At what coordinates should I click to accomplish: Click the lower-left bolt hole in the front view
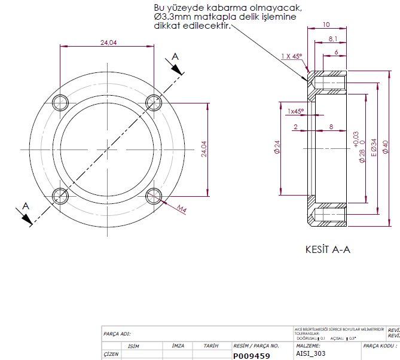coord(60,195)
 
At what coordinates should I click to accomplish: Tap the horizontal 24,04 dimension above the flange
coord(108,42)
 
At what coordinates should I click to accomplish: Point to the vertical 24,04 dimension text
coord(204,149)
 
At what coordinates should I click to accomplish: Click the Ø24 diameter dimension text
coord(277,148)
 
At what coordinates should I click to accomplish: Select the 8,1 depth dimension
coord(333,39)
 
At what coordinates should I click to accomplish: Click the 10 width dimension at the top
coord(326,25)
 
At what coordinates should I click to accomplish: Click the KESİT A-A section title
coord(328,249)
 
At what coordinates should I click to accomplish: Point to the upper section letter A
coord(175,56)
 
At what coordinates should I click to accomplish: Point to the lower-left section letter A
coord(25,206)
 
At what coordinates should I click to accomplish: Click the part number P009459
coord(251,356)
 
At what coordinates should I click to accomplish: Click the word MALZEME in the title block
coord(309,346)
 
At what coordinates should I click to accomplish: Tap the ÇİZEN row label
coord(111,354)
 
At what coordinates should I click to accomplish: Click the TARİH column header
coord(210,346)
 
